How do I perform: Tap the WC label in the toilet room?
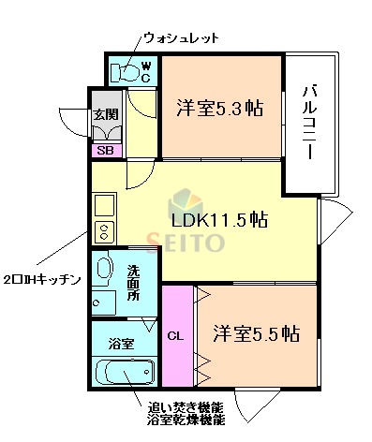(145, 72)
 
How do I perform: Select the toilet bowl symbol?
(124, 71)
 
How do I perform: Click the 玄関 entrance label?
(104, 116)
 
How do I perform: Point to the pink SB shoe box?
(104, 149)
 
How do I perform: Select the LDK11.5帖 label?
(219, 220)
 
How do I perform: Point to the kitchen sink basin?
(101, 203)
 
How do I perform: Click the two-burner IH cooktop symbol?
(101, 231)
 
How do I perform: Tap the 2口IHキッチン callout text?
(43, 280)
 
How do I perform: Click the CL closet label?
(174, 335)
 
